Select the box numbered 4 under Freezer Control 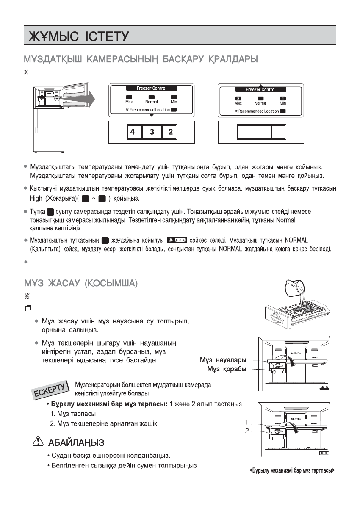point(133,132)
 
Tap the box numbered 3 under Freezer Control point(152,132)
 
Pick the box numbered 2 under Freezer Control point(170,132)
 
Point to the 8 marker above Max point(238,98)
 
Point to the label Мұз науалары point(223,360)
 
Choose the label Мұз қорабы point(227,369)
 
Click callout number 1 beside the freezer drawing point(246,422)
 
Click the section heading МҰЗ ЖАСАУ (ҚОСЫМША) point(80,283)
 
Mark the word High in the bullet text point(37,198)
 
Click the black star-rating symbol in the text point(177,241)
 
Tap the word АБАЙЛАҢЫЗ point(75,442)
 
